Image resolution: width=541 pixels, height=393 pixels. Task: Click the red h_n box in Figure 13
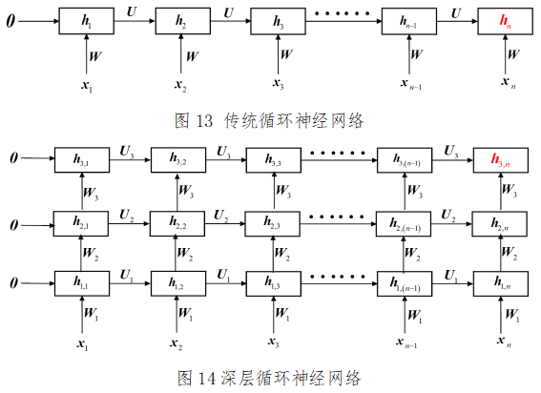click(503, 21)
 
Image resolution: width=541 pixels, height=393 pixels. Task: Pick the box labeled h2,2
click(178, 222)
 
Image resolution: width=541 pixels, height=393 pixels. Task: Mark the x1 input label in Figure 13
click(86, 87)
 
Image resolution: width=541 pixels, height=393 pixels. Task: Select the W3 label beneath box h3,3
click(284, 192)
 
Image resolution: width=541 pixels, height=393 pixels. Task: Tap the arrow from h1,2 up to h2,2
click(178, 253)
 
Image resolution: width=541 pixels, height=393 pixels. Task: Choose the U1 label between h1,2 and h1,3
click(223, 273)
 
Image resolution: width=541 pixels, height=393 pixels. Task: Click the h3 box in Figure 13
click(279, 21)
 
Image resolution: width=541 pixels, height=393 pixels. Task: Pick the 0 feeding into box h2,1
click(10, 224)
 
